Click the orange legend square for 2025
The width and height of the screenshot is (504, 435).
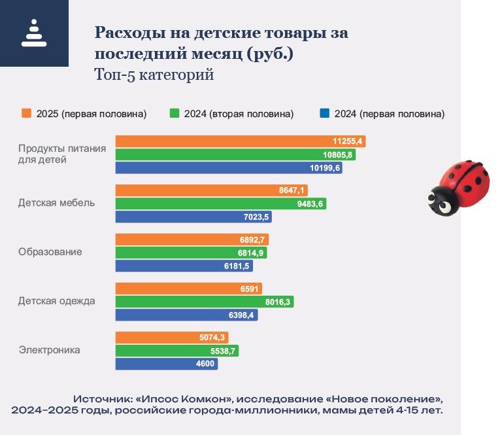point(26,113)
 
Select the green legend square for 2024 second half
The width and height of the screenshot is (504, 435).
point(174,113)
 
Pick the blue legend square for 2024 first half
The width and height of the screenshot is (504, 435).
point(324,113)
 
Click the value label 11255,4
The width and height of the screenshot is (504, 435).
point(348,141)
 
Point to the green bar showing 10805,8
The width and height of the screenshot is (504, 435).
point(235,154)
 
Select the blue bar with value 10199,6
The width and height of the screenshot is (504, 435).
point(229,167)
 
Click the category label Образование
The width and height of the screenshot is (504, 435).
point(50,252)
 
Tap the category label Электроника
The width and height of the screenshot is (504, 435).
point(50,350)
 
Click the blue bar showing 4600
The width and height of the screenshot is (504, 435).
point(167,364)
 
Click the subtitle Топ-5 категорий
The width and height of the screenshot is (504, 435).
point(154,75)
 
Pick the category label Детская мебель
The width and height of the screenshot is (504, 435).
point(56,203)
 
